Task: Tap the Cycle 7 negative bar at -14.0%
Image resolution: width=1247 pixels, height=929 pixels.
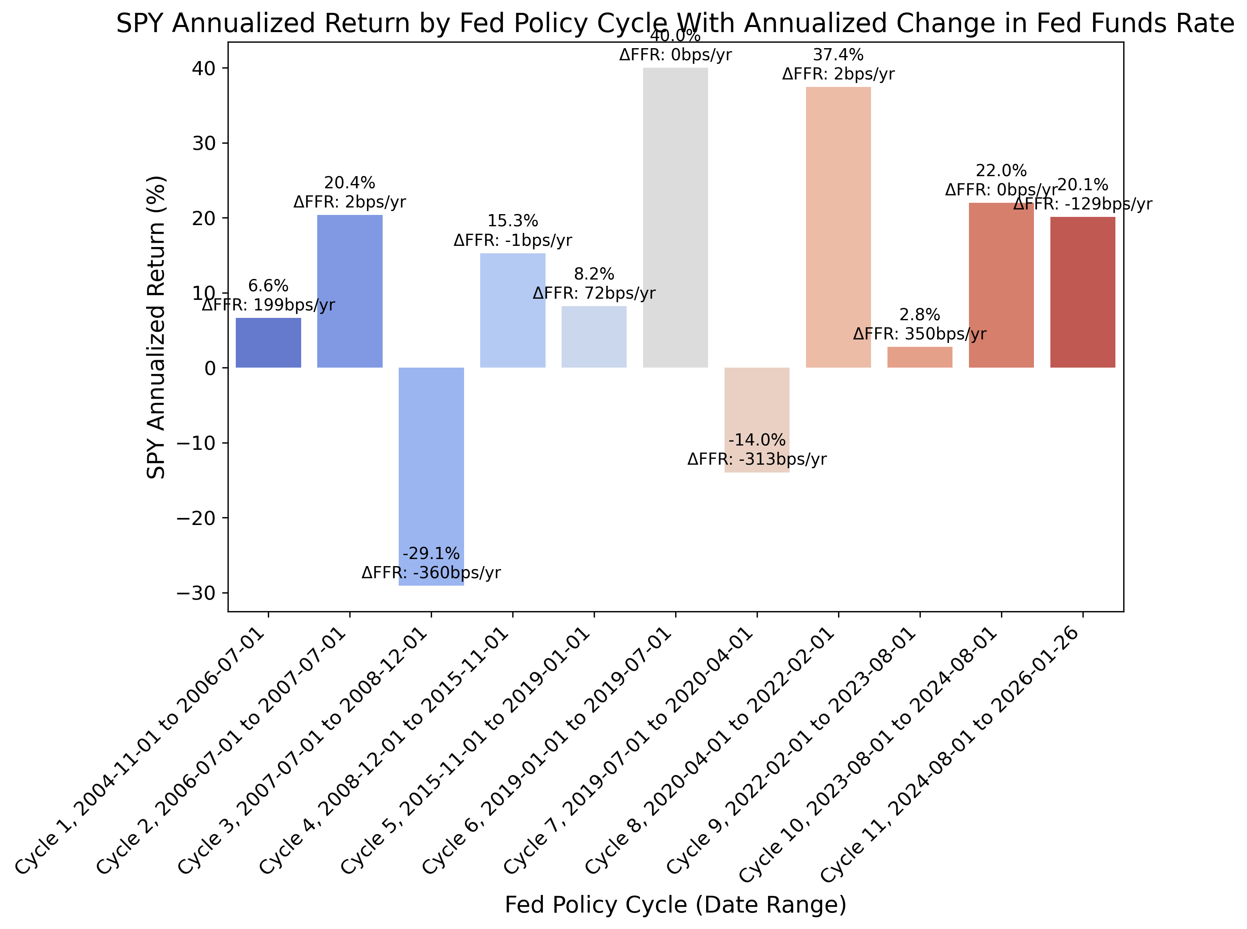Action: pos(757,405)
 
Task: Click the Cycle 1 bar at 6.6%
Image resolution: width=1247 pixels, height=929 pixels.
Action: pos(268,343)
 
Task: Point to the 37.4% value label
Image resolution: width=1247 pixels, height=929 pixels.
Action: pos(838,55)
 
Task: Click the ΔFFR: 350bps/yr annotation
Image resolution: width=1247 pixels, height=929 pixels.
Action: pos(919,334)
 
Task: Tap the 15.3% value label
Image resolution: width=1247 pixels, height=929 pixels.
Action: pos(512,221)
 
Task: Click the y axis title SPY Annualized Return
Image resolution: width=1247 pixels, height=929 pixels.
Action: pos(156,327)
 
